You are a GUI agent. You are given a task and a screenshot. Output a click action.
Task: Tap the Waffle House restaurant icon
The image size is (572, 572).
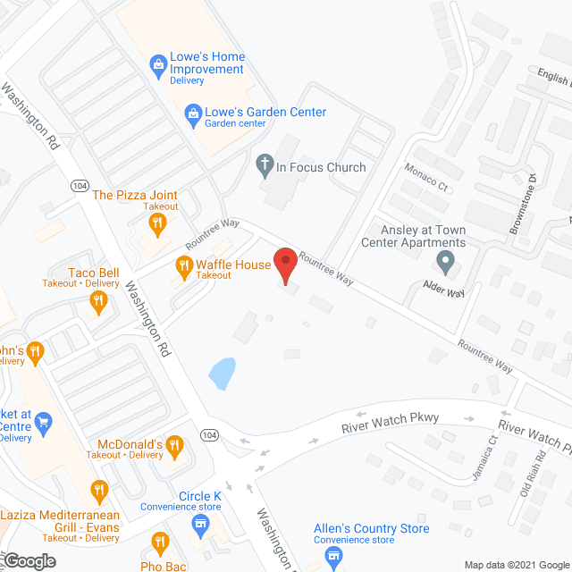pos(184,265)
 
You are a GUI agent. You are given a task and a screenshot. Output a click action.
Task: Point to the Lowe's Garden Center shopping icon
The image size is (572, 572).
pos(192,113)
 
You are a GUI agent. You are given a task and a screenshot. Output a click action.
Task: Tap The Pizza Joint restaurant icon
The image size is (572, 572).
pos(159,223)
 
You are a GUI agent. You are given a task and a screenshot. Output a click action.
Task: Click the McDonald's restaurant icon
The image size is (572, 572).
pos(175,444)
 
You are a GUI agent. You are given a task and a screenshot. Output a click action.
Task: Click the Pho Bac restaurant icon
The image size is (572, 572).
pos(160,543)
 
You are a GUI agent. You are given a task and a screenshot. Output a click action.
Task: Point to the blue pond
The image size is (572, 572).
pos(223,373)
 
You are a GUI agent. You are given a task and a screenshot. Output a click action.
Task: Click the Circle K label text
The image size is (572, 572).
pos(199,497)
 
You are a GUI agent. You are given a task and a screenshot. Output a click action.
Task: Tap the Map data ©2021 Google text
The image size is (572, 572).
pos(517,563)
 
